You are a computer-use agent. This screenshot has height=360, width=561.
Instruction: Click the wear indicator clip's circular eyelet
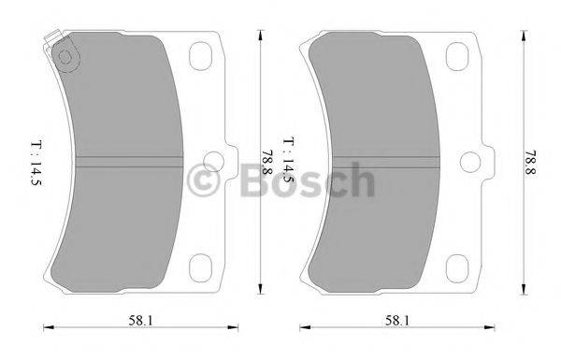65,59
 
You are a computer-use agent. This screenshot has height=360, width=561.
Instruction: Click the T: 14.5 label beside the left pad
36,165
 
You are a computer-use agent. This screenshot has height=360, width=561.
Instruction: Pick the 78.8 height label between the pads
269,159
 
